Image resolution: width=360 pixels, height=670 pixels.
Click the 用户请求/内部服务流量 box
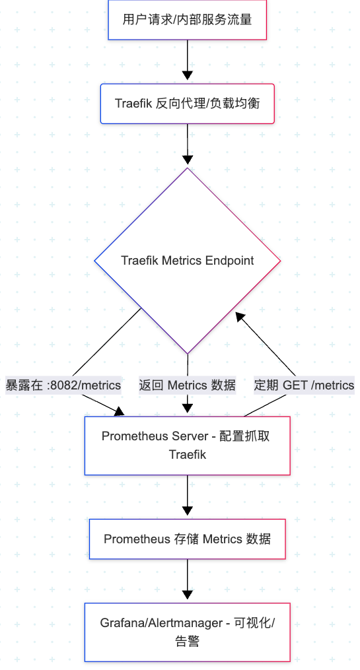click(188, 20)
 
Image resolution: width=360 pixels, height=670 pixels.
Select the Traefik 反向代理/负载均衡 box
click(188, 104)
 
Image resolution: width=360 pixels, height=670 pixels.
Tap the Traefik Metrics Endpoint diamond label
click(188, 261)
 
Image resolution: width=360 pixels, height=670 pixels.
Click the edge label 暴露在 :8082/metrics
click(63, 385)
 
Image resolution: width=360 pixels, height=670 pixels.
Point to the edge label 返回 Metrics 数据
click(188, 385)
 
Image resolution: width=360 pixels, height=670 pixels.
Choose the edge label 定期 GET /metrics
click(304, 385)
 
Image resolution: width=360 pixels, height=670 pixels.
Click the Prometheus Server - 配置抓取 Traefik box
click(188, 446)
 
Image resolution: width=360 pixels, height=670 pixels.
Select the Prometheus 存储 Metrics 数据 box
click(188, 539)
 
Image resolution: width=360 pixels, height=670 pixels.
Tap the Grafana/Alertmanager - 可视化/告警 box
click(188, 632)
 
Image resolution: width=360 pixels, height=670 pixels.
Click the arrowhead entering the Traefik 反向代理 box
click(188, 76)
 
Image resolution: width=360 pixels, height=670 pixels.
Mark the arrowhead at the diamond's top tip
click(188, 160)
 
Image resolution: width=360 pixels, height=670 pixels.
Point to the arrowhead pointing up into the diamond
click(240, 317)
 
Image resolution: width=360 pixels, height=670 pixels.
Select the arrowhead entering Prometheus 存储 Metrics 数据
click(188, 511)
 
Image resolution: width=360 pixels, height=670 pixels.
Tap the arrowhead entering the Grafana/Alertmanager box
click(188, 595)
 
